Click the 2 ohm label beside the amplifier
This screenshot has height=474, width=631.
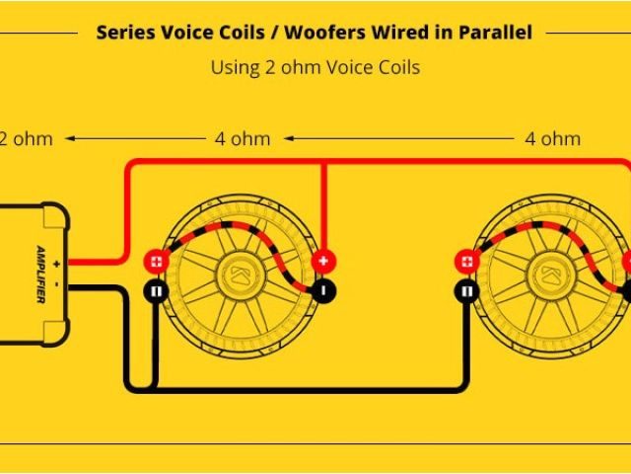point(26,138)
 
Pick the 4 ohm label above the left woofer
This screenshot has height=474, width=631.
point(242,138)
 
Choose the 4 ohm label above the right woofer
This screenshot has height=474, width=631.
point(552,138)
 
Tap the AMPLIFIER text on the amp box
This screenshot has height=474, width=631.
point(41,275)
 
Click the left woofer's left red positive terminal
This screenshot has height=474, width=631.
point(156,262)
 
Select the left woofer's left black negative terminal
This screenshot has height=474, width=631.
point(156,291)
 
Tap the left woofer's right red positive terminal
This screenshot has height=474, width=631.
point(324,262)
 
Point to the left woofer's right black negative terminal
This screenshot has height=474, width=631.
point(324,291)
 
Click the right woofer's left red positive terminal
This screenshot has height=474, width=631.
point(466,262)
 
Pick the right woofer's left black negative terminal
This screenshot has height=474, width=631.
point(466,291)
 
